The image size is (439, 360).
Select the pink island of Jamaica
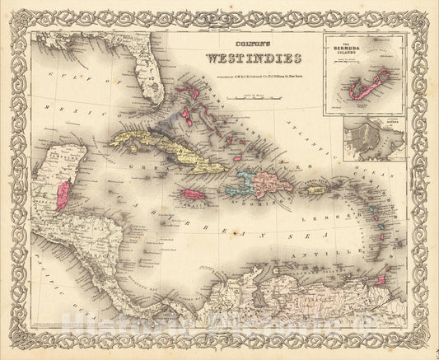click(x=190, y=194)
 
